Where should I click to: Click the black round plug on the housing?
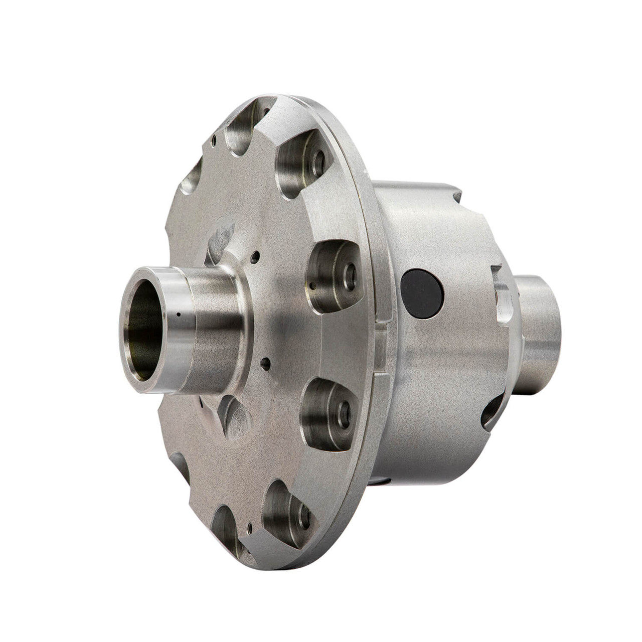422,294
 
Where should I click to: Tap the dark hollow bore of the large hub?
144,331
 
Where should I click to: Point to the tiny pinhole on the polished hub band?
178,315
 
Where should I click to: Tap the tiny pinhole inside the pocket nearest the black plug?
312,287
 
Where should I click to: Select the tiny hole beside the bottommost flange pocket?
249,527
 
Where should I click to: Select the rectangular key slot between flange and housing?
382,348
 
